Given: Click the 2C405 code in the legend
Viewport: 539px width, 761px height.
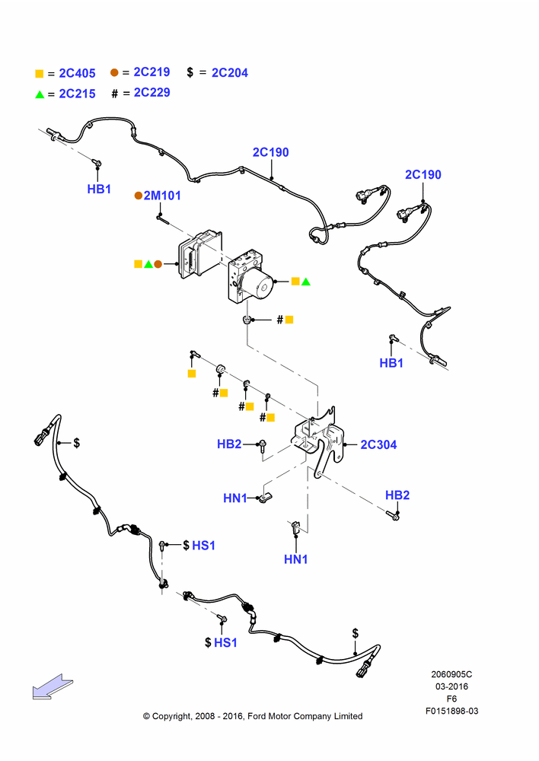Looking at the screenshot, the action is [x=77, y=73].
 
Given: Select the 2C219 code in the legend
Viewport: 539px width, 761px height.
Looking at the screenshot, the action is [x=151, y=72].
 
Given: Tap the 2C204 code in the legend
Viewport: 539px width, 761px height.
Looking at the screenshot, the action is [x=230, y=73].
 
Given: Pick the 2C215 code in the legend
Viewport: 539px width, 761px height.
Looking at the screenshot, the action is [x=77, y=94].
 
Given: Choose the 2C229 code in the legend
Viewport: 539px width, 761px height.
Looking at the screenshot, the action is [x=151, y=92].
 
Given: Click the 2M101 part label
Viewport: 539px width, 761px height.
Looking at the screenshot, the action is [x=162, y=196].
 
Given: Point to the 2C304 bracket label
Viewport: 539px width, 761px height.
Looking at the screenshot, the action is [x=378, y=444].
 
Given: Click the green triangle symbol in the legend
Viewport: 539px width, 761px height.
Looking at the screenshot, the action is [x=40, y=94].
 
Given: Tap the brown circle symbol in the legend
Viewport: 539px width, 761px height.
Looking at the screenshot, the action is [x=114, y=72].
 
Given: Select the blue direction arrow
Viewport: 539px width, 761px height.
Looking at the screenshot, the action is [x=53, y=686].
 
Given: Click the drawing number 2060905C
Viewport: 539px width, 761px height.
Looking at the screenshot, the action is [x=451, y=674].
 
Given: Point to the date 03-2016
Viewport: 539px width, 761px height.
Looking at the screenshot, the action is [x=451, y=686].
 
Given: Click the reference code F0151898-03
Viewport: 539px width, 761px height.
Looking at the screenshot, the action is [x=451, y=711].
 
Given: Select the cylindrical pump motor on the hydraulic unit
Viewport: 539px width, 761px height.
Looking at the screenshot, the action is [x=258, y=285].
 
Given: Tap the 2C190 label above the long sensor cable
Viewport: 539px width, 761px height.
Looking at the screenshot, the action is [x=270, y=152].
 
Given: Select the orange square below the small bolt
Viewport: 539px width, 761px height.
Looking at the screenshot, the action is [x=192, y=374].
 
